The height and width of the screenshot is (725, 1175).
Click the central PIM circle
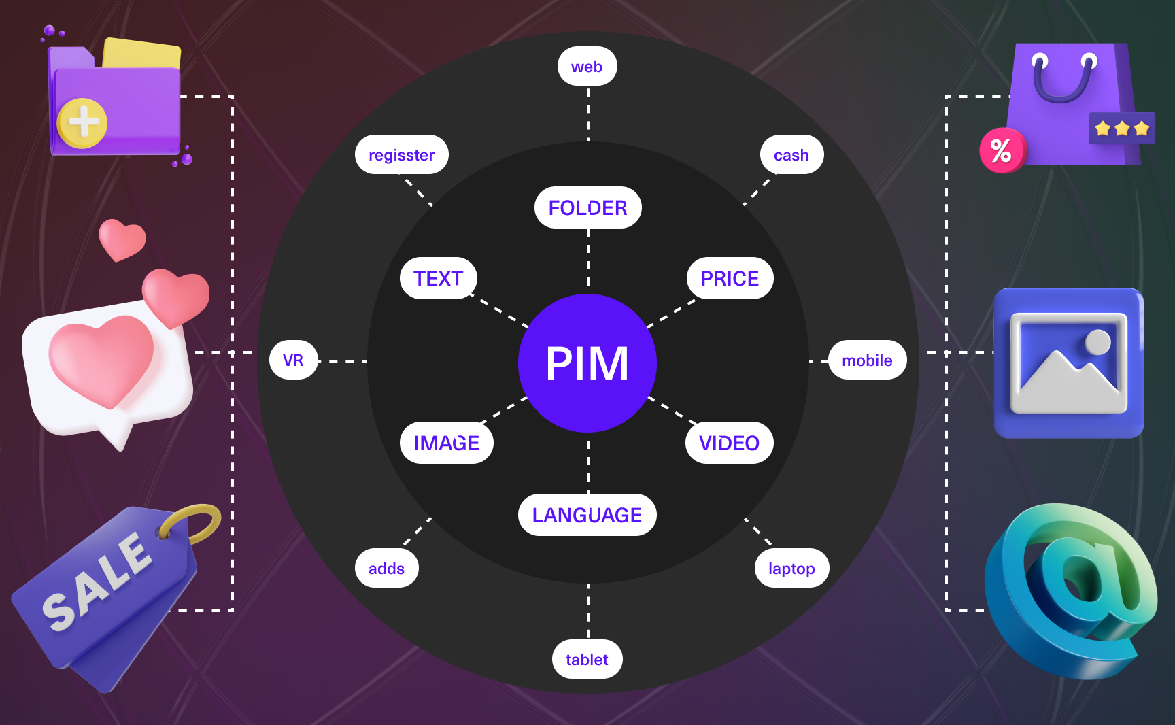[x=587, y=363]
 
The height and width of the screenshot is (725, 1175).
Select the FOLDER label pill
[x=587, y=207]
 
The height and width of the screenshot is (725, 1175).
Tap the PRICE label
[x=729, y=278]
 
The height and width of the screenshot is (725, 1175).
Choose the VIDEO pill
[x=729, y=443]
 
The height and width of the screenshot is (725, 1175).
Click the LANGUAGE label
[x=587, y=515]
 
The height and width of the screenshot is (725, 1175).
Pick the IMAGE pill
[x=446, y=443]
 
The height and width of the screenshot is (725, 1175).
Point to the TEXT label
[x=438, y=278]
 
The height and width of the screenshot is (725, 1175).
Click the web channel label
[x=587, y=67]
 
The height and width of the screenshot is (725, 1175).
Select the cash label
[x=791, y=155]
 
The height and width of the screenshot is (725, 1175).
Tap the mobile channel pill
[x=867, y=360]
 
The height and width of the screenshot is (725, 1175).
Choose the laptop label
[x=791, y=568]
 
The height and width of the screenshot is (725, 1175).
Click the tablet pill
[x=587, y=659]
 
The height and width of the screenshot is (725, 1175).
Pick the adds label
[x=386, y=568]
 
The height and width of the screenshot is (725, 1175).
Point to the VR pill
[x=293, y=360]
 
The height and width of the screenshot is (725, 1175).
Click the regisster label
[x=401, y=155]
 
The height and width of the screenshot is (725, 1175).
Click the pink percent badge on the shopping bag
[x=1001, y=150]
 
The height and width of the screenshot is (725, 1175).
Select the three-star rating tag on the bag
[x=1122, y=128]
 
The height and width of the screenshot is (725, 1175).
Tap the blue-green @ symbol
[x=1074, y=585]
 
